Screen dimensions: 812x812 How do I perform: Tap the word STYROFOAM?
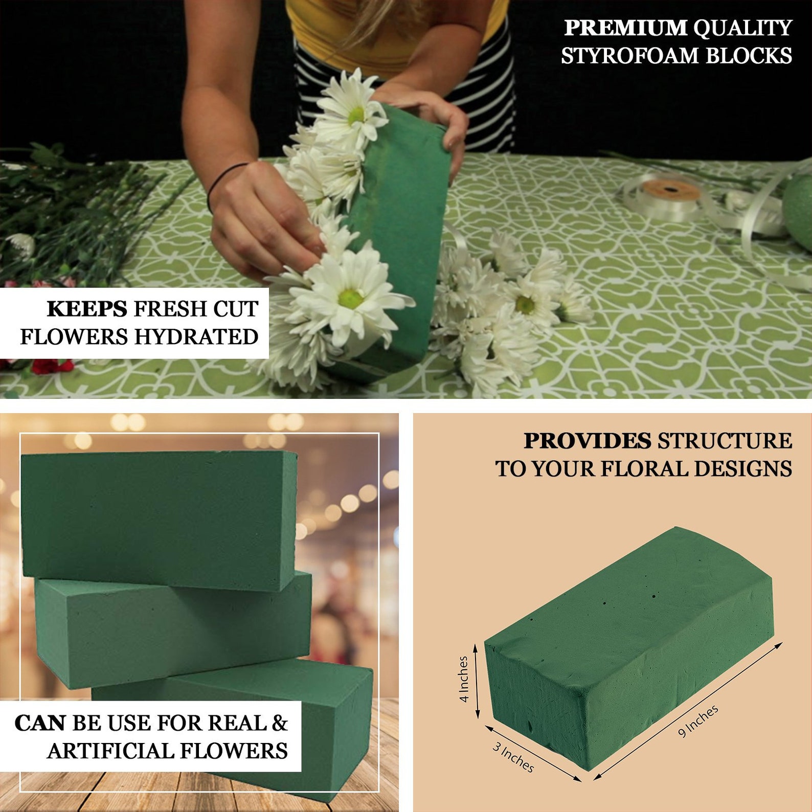pyautogui.click(x=630, y=56)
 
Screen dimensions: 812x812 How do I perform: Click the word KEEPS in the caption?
pyautogui.click(x=87, y=309)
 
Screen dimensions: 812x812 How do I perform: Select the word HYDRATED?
pyautogui.click(x=196, y=337)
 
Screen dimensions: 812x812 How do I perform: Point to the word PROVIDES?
pyautogui.click(x=587, y=441)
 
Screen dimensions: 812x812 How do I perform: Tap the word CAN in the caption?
pyautogui.click(x=40, y=723)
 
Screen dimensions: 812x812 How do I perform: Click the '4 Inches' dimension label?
pyautogui.click(x=464, y=679)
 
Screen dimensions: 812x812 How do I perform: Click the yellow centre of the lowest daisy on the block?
pyautogui.click(x=351, y=298)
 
